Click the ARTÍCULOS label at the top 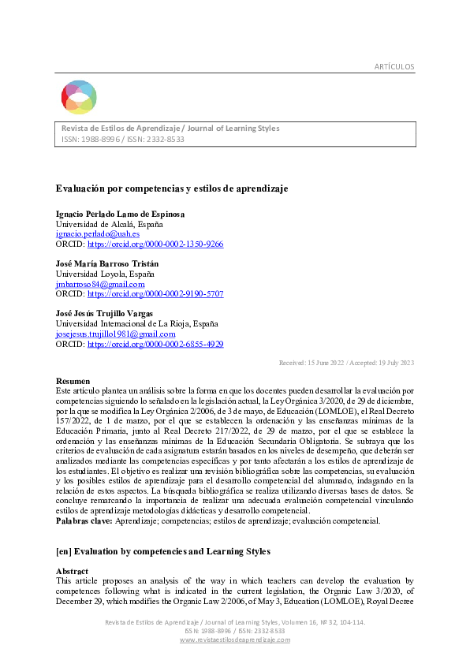(x=394, y=66)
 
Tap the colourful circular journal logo (x=79, y=98)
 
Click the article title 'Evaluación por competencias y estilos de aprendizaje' (x=171, y=189)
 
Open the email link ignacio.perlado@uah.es (x=97, y=234)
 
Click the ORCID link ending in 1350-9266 (x=155, y=244)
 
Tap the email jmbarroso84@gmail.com (x=99, y=284)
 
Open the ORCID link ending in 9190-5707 (x=155, y=293)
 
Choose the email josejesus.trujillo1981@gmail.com (x=115, y=334)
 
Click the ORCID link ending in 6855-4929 (x=155, y=344)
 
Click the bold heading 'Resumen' (x=73, y=382)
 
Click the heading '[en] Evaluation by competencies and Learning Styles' (x=162, y=550)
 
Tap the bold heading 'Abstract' (x=72, y=571)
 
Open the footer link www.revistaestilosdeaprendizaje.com (x=235, y=640)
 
